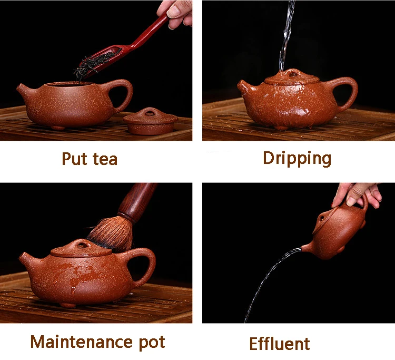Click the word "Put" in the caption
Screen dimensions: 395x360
74,159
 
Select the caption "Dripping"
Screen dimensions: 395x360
297,159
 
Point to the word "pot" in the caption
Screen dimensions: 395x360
152,343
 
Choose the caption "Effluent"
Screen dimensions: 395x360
279,343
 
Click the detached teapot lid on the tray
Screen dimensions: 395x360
151,121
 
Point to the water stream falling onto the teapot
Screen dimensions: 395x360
287,35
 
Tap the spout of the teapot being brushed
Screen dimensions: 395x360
26,260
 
